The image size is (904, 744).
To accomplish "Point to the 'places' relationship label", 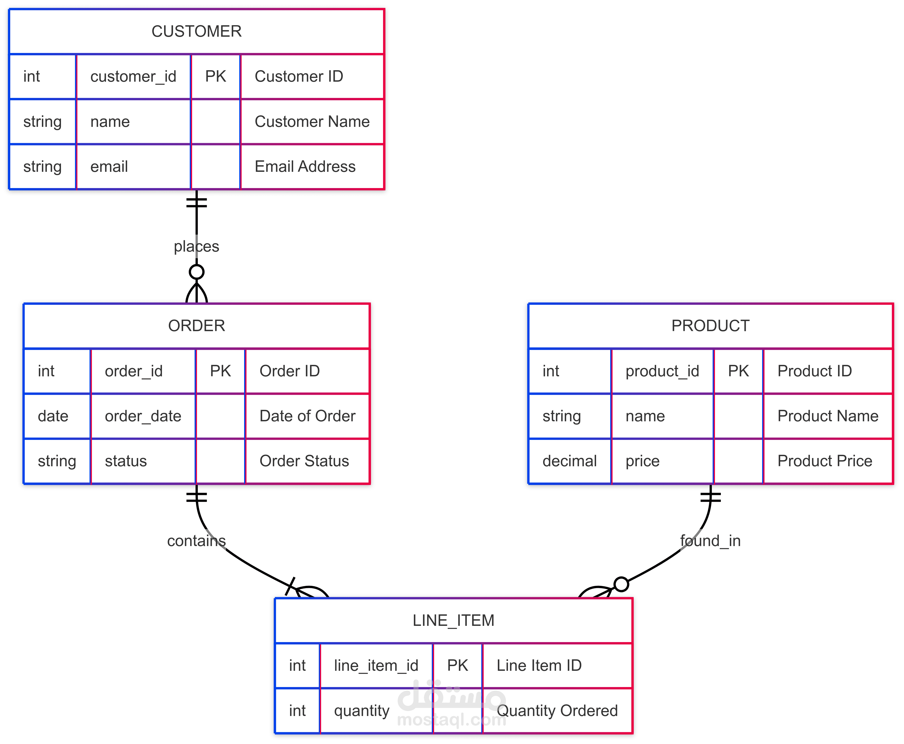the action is point(196,246).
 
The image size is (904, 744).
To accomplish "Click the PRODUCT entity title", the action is point(710,326).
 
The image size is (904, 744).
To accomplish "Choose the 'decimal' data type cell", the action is point(570,461).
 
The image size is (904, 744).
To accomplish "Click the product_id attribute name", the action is point(662,371).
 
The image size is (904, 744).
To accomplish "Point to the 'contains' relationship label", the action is point(196,541).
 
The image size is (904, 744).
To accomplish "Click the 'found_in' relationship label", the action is point(710,541).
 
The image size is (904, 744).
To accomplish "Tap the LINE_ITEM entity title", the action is point(453,621).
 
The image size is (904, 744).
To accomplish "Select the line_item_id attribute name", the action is point(376,666).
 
